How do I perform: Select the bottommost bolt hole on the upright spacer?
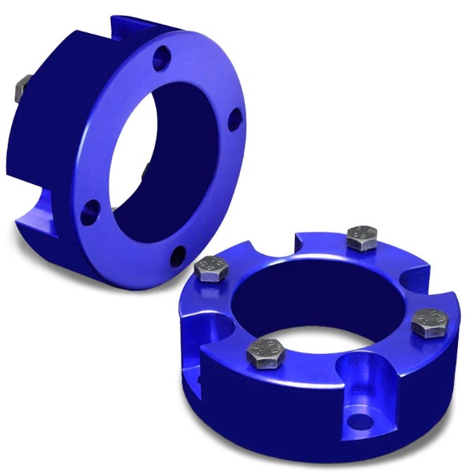click(x=179, y=254)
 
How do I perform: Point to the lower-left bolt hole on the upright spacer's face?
click(x=93, y=208)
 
